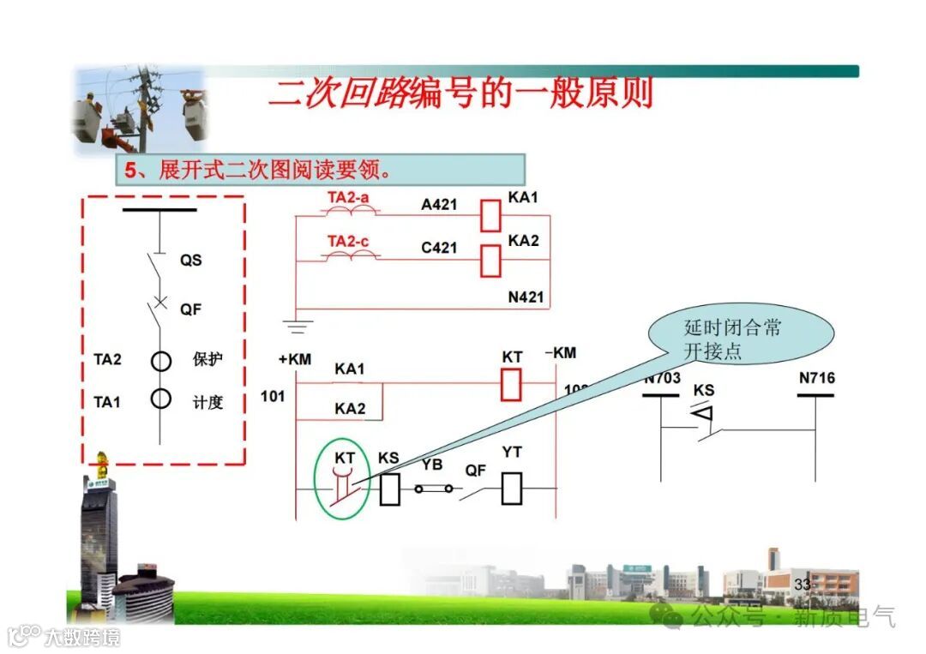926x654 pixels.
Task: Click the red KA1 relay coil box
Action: [x=490, y=215]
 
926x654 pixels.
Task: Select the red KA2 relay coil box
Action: [x=490, y=261]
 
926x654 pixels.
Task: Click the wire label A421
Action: [x=439, y=205]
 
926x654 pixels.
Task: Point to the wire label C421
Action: [x=439, y=249]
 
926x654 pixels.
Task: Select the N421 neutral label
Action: [x=526, y=297]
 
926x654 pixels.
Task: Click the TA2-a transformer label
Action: [x=349, y=198]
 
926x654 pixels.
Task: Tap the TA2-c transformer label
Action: [x=348, y=242]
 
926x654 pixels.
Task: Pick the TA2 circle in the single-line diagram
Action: [x=161, y=360]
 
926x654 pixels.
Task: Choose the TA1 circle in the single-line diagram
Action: [x=161, y=399]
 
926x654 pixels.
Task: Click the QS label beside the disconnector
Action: [x=190, y=260]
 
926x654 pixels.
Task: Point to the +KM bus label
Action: [x=294, y=359]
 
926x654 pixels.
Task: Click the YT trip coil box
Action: [x=512, y=489]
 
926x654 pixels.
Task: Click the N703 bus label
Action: [x=662, y=378]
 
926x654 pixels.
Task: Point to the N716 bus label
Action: [x=816, y=378]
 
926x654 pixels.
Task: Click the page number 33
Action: [x=803, y=584]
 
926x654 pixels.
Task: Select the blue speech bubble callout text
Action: [x=733, y=339]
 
